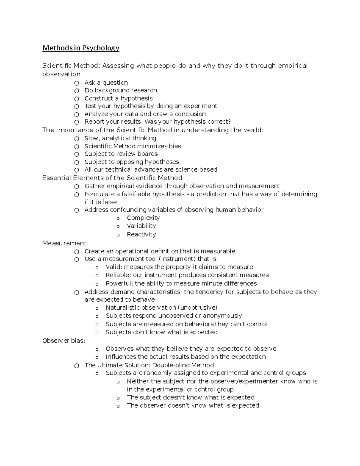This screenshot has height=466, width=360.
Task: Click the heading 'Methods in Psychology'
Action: [81, 48]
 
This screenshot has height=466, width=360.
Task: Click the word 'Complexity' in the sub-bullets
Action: [143, 218]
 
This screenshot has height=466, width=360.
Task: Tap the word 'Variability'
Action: [141, 226]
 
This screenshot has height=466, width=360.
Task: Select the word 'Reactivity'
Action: [141, 234]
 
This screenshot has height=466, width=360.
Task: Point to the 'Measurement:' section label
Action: [65, 243]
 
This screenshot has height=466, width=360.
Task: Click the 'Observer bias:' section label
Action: [64, 341]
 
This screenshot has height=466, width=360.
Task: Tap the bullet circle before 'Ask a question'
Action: [77, 83]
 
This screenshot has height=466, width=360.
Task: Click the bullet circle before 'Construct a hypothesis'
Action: [77, 99]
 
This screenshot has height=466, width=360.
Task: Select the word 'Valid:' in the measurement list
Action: [114, 267]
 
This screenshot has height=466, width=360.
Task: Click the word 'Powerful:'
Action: [119, 284]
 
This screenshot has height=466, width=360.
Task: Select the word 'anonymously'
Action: [222, 316]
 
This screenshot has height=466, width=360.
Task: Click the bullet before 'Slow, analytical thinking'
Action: [77, 139]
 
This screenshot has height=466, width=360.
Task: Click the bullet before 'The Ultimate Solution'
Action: [77, 366]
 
